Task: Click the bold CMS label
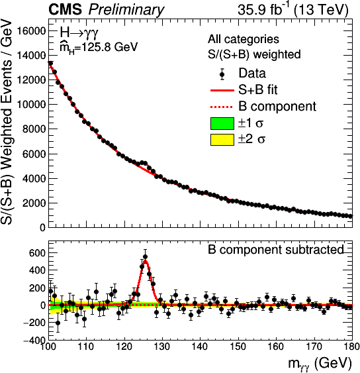tap(65, 10)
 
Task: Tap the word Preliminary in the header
tap(126, 11)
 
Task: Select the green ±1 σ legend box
tap(222, 123)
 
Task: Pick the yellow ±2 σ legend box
tap(222, 140)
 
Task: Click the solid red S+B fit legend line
tap(222, 90)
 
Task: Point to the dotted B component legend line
tap(222, 107)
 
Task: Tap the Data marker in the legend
tap(222, 74)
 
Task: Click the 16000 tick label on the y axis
tap(31, 31)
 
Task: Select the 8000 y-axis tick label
tap(34, 129)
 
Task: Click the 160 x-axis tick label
tap(276, 346)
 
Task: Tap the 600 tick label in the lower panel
tap(37, 253)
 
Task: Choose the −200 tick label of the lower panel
tap(34, 323)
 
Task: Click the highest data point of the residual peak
tap(145, 257)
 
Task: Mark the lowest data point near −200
tap(58, 323)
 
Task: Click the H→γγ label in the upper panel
tap(79, 33)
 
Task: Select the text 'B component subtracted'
tap(276, 250)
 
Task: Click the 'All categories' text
tap(244, 39)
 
